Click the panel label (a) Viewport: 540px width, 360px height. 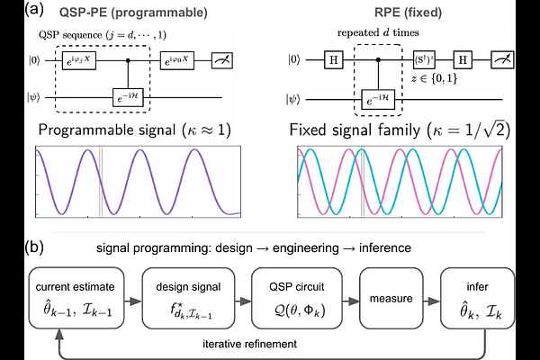click(13, 10)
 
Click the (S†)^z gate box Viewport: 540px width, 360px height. click(426, 62)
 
